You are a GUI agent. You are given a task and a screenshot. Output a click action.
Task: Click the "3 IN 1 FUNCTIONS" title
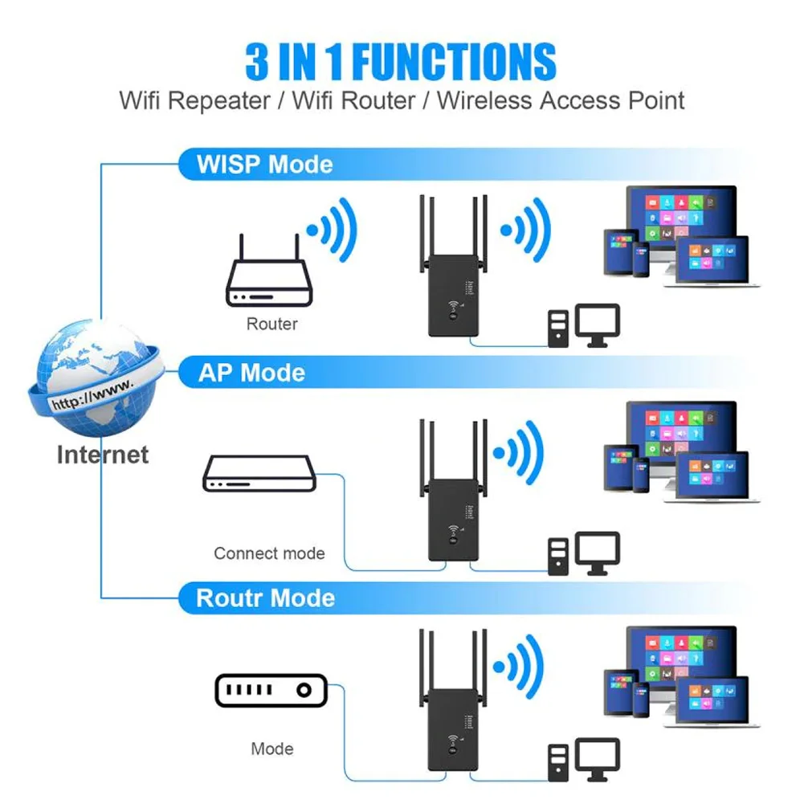[401, 62]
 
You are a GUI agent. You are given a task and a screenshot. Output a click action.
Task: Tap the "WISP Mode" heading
[265, 165]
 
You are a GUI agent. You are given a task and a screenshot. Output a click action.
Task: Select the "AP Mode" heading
[251, 373]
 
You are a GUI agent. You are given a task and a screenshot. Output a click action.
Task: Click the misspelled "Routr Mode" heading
[265, 598]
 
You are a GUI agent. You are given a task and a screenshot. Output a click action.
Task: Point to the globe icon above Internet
[95, 376]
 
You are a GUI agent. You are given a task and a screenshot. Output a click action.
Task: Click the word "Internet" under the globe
[103, 455]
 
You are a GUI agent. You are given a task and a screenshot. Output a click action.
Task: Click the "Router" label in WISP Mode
[271, 324]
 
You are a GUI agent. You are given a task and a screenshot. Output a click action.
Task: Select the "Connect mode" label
[269, 553]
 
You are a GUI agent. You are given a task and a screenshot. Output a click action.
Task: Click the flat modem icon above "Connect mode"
[259, 474]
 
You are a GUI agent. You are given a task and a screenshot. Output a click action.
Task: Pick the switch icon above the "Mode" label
[271, 690]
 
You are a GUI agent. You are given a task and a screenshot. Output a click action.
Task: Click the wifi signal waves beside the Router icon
[333, 231]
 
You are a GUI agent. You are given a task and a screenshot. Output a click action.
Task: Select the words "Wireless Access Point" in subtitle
[561, 101]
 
